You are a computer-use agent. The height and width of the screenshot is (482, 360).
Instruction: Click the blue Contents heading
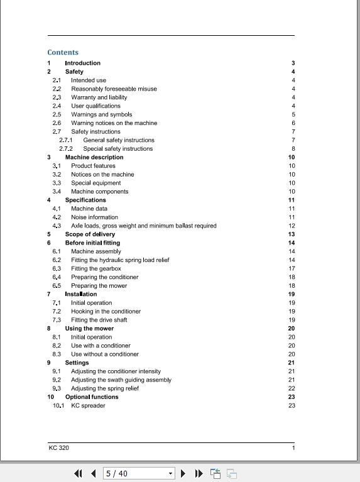[x=63, y=53]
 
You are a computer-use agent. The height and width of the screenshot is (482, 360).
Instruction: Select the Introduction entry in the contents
[x=82, y=63]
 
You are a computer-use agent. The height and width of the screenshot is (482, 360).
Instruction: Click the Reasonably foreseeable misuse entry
[x=114, y=89]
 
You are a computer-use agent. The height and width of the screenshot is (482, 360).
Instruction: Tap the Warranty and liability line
[x=99, y=97]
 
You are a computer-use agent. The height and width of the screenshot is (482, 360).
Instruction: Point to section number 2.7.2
[x=66, y=149]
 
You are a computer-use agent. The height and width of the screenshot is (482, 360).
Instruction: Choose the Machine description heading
[x=94, y=157]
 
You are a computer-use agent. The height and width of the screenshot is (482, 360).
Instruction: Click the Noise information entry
[x=94, y=217]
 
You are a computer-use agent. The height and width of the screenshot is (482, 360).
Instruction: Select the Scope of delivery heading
[x=90, y=234]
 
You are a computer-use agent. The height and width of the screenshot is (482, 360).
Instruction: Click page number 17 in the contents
[x=292, y=268]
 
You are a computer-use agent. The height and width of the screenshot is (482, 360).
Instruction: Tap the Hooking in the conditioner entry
[x=106, y=311]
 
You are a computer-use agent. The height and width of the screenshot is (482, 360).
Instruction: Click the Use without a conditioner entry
[x=105, y=354]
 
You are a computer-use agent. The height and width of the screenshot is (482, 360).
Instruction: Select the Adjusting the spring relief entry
[x=105, y=388]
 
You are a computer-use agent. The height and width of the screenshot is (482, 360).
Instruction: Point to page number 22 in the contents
[x=292, y=388]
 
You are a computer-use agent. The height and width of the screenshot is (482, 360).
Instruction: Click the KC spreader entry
[x=88, y=405]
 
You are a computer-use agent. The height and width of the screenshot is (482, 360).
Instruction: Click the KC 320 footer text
[x=59, y=447]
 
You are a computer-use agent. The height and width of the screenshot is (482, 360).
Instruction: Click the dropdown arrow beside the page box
[x=170, y=473]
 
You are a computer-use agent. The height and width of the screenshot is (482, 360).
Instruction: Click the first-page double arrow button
[x=79, y=473]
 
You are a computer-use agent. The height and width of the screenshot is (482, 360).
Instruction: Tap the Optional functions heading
[x=92, y=397]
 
